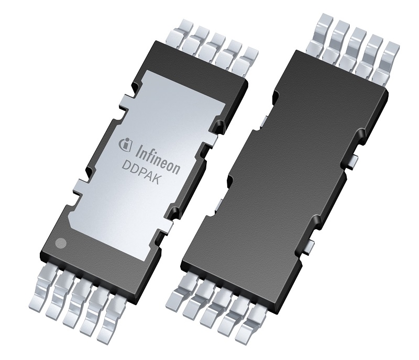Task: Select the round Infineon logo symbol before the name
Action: click(x=125, y=144)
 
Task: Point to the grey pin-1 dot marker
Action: click(x=61, y=243)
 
